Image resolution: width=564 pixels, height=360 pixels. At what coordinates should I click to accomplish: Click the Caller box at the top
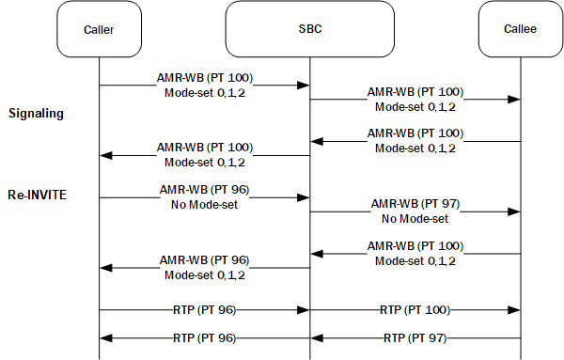[x=99, y=29]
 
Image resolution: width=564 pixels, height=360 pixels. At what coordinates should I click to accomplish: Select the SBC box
[x=309, y=29]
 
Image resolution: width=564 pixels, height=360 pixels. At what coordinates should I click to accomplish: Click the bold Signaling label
[x=36, y=114]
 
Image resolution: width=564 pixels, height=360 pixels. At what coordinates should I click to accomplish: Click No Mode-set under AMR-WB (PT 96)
[x=205, y=203]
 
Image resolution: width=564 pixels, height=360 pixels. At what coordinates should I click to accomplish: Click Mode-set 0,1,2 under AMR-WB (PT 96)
[x=205, y=274]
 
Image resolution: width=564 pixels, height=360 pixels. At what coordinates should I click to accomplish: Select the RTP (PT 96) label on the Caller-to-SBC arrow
[x=205, y=309]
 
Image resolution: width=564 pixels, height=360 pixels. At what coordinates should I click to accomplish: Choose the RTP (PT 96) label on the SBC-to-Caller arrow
[x=205, y=336]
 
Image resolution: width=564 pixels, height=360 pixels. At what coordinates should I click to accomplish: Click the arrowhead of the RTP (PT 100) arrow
[x=515, y=310]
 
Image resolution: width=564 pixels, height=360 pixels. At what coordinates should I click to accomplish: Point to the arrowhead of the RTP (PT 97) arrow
[x=317, y=337]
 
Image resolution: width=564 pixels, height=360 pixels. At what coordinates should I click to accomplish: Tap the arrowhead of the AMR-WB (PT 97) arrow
[x=515, y=212]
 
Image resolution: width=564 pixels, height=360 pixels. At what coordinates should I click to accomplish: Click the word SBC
[x=309, y=29]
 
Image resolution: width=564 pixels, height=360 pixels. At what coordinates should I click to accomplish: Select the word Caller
[x=99, y=29]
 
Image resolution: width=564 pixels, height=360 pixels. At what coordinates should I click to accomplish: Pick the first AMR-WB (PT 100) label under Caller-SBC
[x=205, y=76]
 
